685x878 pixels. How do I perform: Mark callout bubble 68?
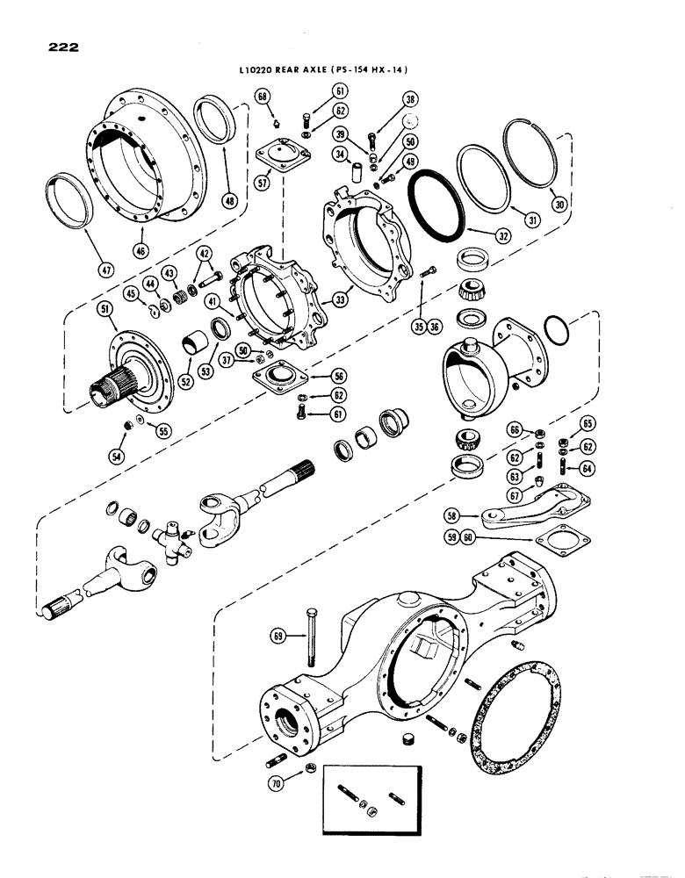(262, 95)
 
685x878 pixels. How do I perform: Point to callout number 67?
(515, 497)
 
